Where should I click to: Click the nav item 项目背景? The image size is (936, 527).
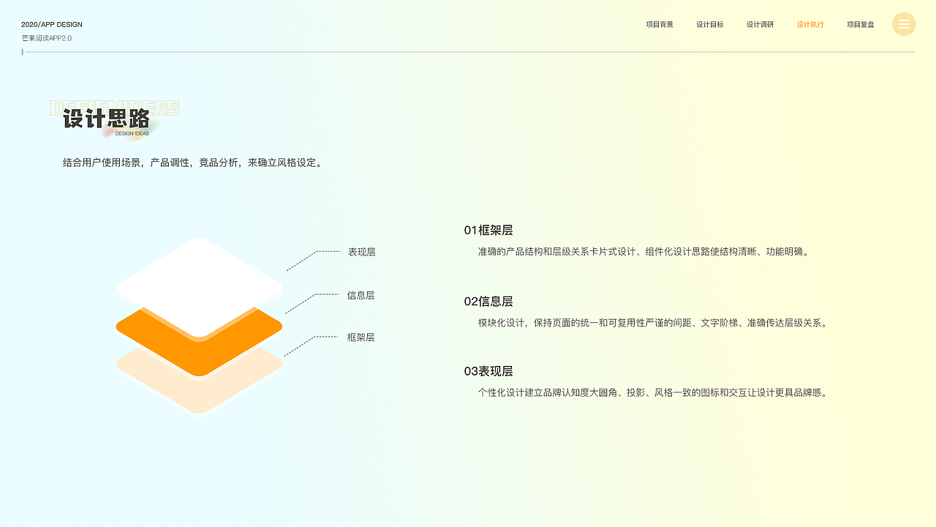(x=660, y=24)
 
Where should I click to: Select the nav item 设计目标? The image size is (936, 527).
(x=710, y=24)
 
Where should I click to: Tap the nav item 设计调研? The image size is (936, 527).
(x=760, y=24)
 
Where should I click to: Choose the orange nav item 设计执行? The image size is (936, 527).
(x=810, y=24)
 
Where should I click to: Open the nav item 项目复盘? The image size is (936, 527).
(x=861, y=24)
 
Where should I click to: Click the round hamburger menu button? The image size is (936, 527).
(x=904, y=24)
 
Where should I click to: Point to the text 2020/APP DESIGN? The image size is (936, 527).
(x=52, y=25)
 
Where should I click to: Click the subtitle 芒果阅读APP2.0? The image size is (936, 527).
(x=47, y=38)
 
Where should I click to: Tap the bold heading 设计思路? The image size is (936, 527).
(x=106, y=119)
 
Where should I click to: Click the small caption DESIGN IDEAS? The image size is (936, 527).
(x=132, y=134)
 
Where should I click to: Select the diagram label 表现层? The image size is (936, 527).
(x=362, y=253)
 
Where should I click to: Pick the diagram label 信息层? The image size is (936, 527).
(x=361, y=296)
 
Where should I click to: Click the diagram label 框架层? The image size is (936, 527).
(x=361, y=337)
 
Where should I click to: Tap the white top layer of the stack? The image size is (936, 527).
(x=199, y=282)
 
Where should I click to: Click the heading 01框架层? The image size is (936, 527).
(x=488, y=231)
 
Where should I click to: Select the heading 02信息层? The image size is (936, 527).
(x=488, y=302)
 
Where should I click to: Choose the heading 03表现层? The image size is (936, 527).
(x=488, y=371)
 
